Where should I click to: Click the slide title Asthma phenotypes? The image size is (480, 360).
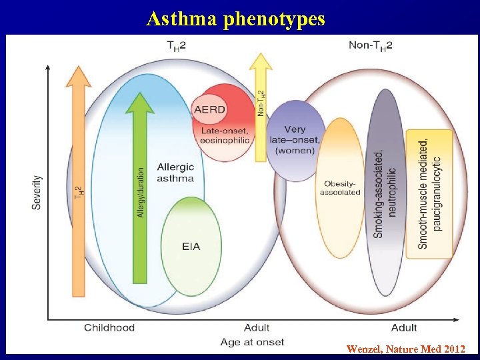pos(235,18)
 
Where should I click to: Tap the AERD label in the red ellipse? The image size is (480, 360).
pos(209,109)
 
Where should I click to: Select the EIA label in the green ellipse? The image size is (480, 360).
pos(191,247)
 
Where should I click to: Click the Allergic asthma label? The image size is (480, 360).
pos(175,172)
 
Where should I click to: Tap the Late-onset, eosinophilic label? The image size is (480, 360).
pos(225,135)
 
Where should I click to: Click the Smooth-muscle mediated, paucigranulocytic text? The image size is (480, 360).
pos(430,193)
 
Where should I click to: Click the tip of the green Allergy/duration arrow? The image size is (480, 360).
pos(140,94)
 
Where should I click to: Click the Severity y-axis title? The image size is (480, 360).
pos(37,193)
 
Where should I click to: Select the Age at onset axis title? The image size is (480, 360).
pos(252,342)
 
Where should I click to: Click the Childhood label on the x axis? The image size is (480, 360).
pos(109,327)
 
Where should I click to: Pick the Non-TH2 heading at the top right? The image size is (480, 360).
pos(370,45)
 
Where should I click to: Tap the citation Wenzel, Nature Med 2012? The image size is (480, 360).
pos(405,349)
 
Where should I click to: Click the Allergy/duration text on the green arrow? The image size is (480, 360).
pos(140,192)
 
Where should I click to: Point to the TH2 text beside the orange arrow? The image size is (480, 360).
pos(79,194)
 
